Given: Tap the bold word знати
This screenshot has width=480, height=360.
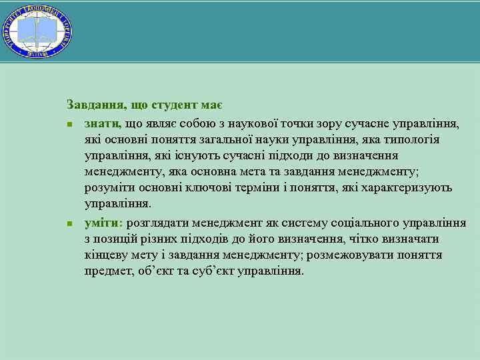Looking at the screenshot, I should click(x=102, y=123).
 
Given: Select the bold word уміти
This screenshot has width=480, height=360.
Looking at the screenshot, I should click(x=102, y=223).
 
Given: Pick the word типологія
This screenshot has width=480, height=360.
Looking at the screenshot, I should click(x=416, y=139).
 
